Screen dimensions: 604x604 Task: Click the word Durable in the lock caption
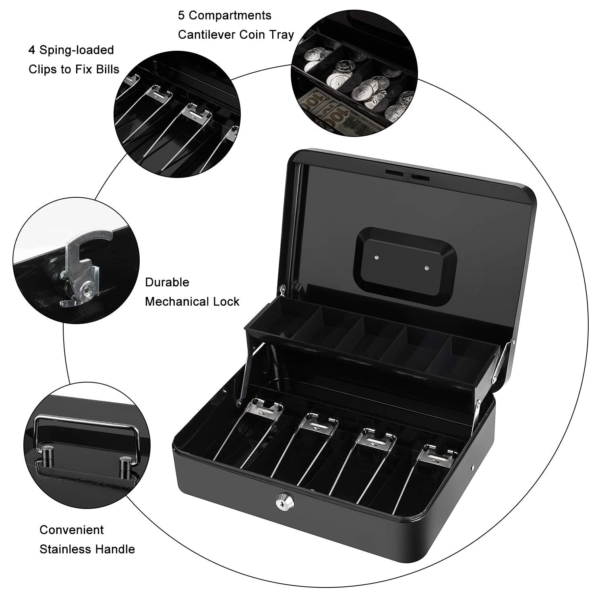pos(167,282)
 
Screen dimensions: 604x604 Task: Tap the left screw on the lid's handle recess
pos(376,257)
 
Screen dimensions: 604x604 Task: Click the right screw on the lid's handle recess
pos(428,267)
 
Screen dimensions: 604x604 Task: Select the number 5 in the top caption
pos(182,15)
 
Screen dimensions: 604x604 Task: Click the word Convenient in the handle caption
pos(72,530)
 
